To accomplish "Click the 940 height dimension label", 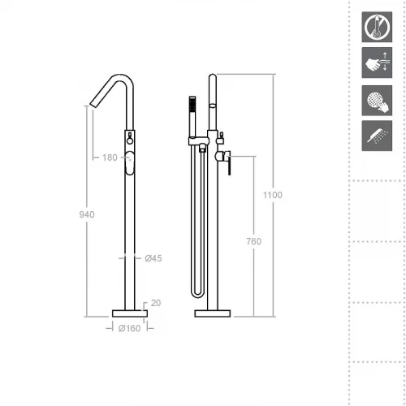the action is [87, 214].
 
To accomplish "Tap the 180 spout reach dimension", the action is [110, 158].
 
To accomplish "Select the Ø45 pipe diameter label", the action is [153, 258].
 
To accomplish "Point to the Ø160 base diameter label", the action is [130, 328].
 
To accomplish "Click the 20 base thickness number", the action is [156, 303].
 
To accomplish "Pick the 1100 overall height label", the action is [273, 195].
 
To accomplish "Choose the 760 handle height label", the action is [254, 241].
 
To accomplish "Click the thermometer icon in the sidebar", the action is [377, 27].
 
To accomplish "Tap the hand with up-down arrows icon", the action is [377, 63].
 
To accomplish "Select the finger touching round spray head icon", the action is [377, 101].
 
